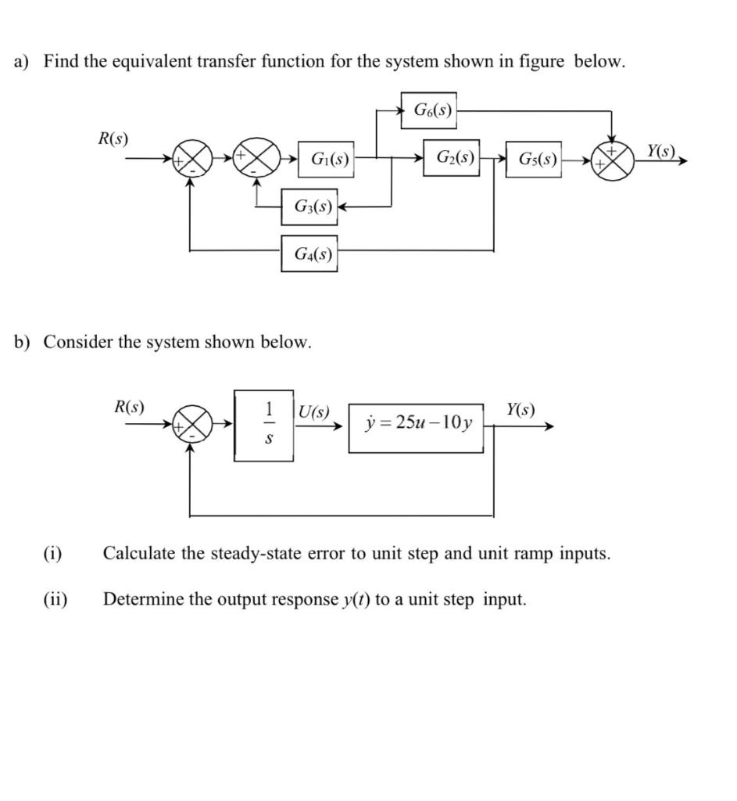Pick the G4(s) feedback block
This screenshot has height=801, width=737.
pos(310,253)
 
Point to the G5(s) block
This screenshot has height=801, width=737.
pos(535,161)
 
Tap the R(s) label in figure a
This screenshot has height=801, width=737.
pos(114,138)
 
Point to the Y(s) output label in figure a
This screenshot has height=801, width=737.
pos(665,149)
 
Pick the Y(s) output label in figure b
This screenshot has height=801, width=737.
pos(521,408)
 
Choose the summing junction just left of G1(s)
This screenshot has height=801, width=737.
pos(258,162)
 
